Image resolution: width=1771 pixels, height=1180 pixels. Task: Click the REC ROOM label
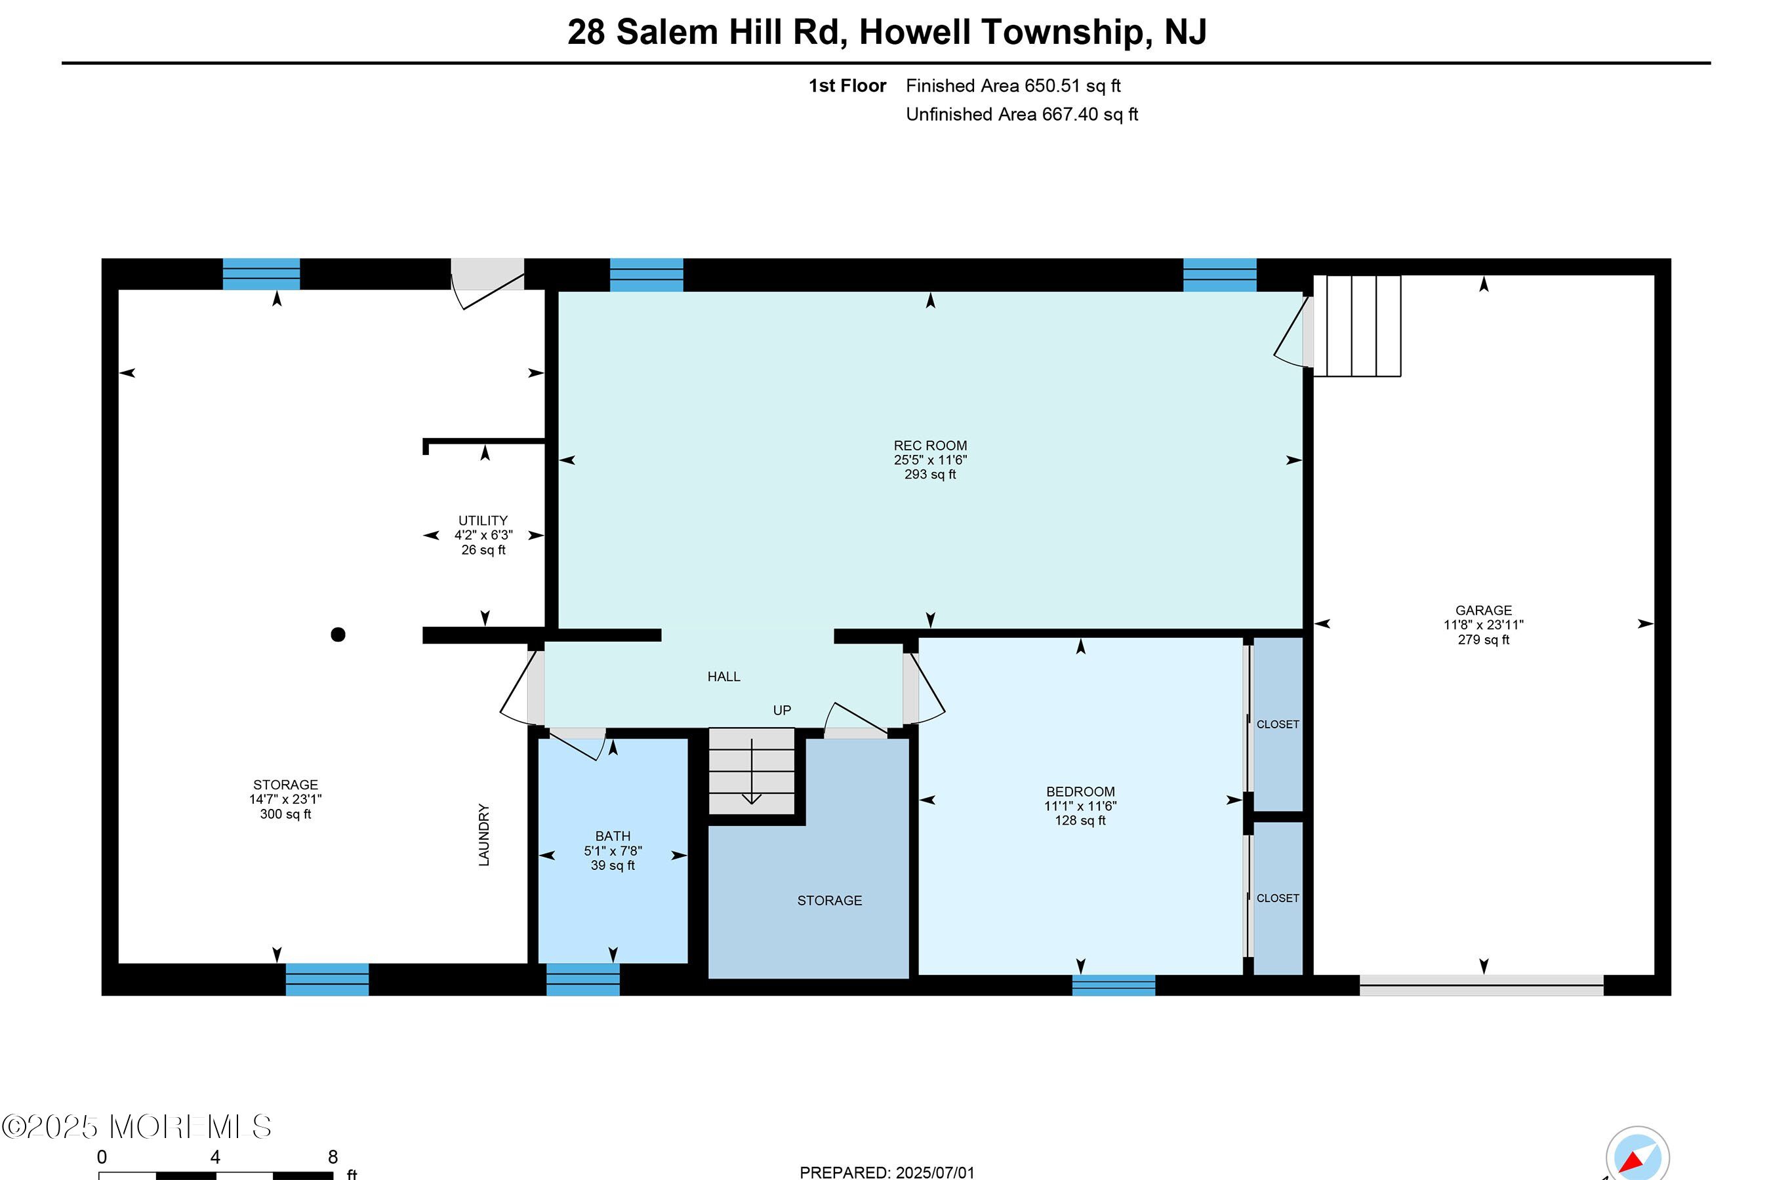(x=930, y=446)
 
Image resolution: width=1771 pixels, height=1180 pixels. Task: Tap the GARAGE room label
(x=1482, y=610)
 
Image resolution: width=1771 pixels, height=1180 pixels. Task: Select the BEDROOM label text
(x=1080, y=792)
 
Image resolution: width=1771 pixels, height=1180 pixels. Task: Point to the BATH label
(x=612, y=836)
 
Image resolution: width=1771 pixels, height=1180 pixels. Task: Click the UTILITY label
(x=483, y=521)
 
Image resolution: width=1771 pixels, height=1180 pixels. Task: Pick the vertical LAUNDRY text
(x=483, y=835)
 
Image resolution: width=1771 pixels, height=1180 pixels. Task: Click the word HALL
(x=723, y=677)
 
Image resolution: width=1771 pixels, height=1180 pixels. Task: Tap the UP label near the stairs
(x=782, y=711)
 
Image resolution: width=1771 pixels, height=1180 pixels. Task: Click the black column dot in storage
(x=338, y=635)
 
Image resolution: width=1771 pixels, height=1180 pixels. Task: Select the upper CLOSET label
(x=1277, y=724)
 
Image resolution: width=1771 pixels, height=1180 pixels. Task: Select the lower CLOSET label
(x=1277, y=898)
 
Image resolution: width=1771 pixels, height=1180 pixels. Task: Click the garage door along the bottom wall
(x=1481, y=985)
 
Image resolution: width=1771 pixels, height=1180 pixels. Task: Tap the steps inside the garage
(x=1357, y=326)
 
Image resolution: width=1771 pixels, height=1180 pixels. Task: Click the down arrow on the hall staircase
(x=752, y=772)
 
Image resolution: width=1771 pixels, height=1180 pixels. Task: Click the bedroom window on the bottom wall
(x=1113, y=985)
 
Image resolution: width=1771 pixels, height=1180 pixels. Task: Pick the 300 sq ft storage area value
(x=285, y=814)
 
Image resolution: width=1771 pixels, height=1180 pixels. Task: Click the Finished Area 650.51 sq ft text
(x=1013, y=86)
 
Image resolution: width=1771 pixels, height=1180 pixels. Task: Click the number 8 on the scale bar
(x=333, y=1156)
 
